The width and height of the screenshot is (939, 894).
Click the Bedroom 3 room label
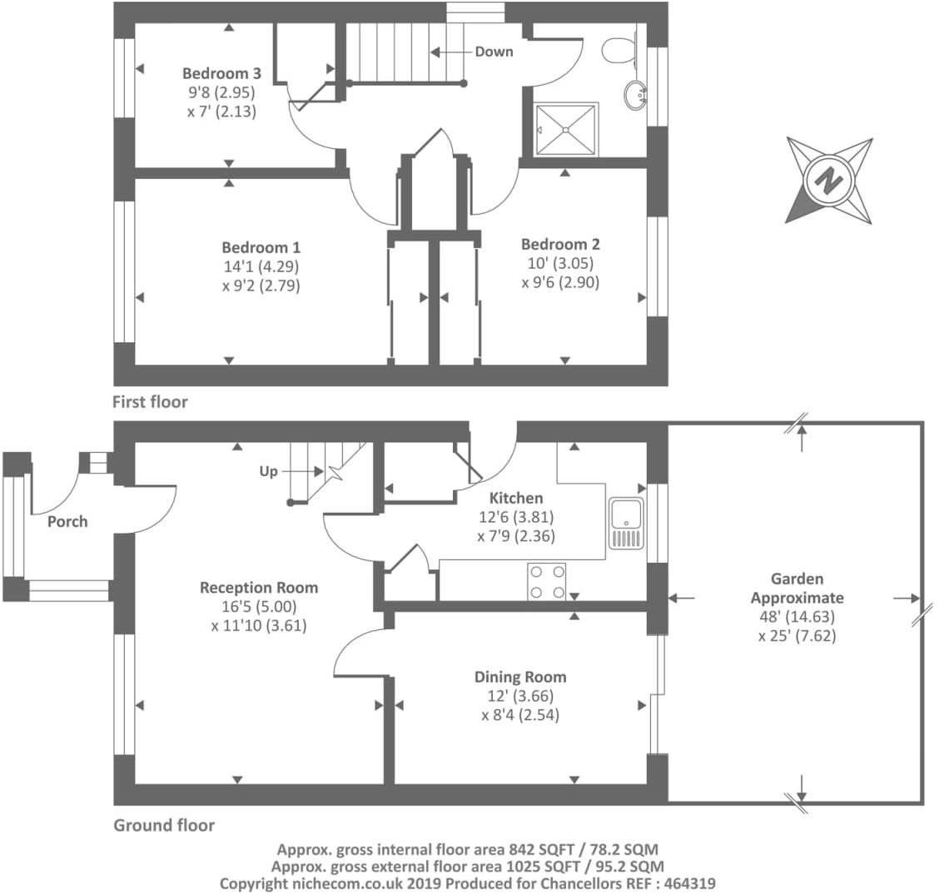tap(221, 73)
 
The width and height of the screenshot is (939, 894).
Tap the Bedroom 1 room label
tap(261, 247)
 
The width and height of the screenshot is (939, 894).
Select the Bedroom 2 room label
tap(560, 244)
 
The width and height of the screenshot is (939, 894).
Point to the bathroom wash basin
tap(635, 95)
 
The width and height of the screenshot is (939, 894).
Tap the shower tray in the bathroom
tap(566, 129)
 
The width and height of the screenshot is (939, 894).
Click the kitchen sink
tap(626, 524)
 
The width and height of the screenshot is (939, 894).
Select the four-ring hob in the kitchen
tap(547, 581)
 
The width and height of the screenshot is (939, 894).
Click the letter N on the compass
tap(829, 179)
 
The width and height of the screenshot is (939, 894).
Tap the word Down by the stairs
tap(494, 52)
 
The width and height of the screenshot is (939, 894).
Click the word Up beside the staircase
tap(269, 472)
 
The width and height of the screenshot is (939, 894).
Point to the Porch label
tap(67, 522)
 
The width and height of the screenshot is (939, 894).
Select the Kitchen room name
tap(516, 499)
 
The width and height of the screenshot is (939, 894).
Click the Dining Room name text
tap(520, 678)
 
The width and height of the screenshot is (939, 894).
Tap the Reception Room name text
tap(259, 588)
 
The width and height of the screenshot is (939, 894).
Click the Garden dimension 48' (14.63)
tap(797, 617)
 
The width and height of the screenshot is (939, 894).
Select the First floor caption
tap(151, 402)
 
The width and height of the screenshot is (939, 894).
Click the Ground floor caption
tap(164, 826)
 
